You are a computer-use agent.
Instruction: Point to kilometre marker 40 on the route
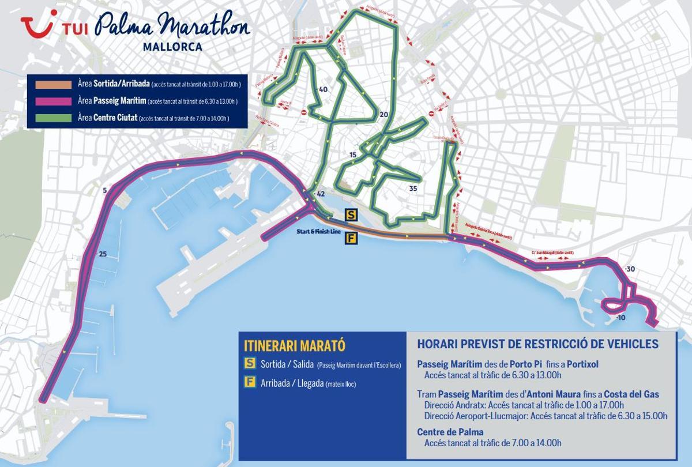pyautogui.click(x=322, y=89)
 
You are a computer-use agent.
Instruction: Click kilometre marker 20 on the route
pyautogui.click(x=384, y=115)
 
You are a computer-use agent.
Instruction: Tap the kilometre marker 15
pyautogui.click(x=353, y=155)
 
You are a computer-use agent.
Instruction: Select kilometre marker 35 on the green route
pyautogui.click(x=412, y=189)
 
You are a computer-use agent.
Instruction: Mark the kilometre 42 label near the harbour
pyautogui.click(x=321, y=194)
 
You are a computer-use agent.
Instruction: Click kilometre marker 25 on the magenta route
pyautogui.click(x=103, y=254)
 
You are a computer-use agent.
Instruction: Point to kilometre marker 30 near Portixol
pyautogui.click(x=630, y=269)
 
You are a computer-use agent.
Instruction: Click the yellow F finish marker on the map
pyautogui.click(x=351, y=238)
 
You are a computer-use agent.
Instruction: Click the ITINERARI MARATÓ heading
pyautogui.click(x=294, y=346)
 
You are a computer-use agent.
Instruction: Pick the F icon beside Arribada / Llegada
pyautogui.click(x=250, y=383)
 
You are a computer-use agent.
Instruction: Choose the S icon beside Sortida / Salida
pyautogui.click(x=250, y=364)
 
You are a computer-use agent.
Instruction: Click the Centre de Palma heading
pyautogui.click(x=450, y=432)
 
